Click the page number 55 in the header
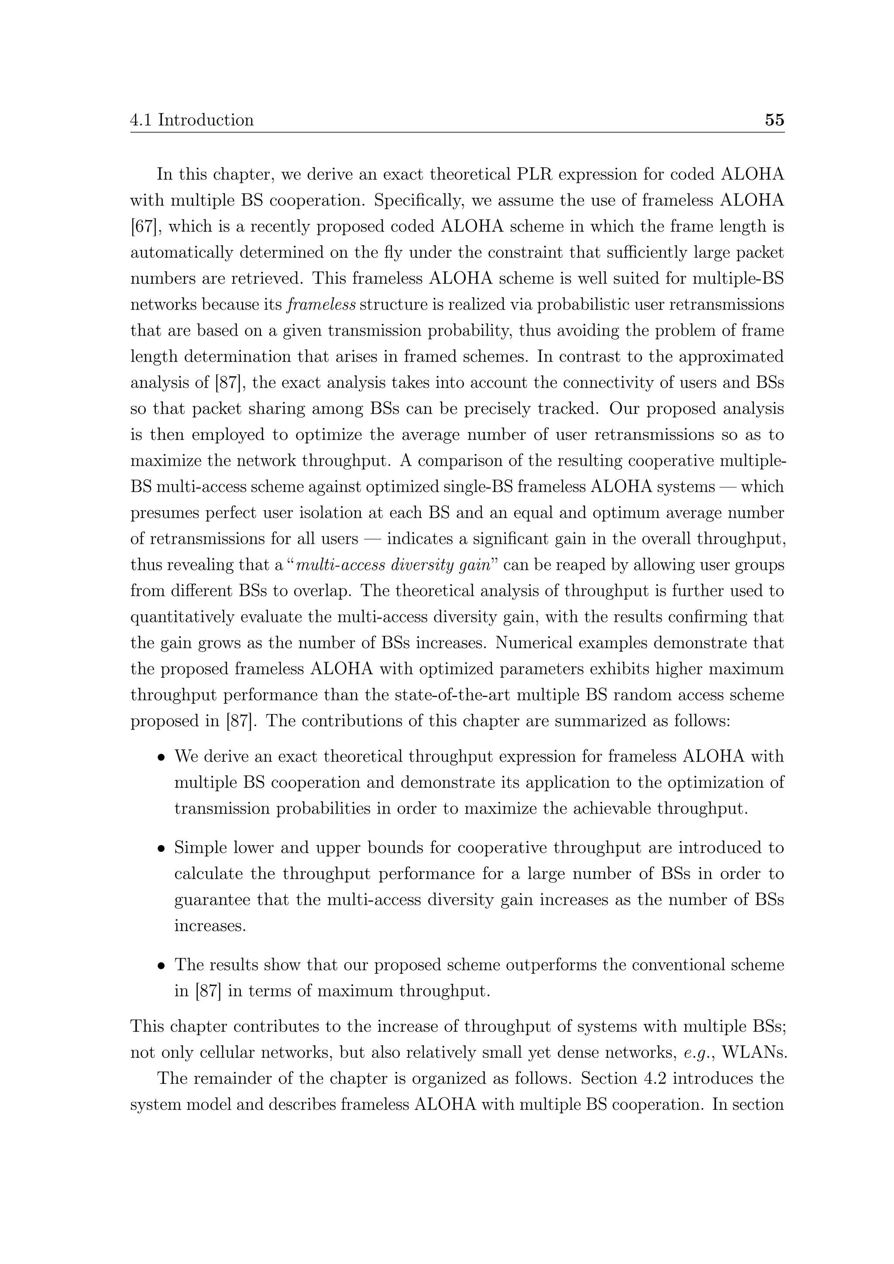point(774,120)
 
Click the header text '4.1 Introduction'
point(192,120)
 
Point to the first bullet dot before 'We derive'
point(161,758)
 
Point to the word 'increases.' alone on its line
point(210,926)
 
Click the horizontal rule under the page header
point(457,133)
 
